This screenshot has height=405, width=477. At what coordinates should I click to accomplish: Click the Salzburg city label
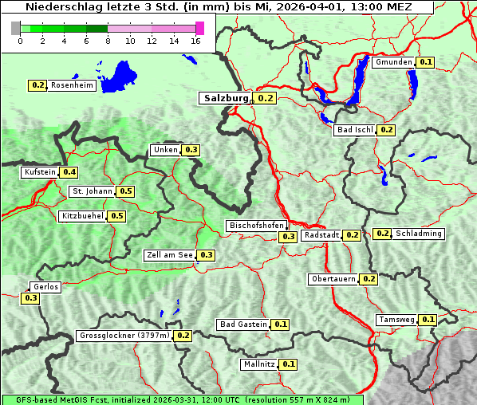coord(225,98)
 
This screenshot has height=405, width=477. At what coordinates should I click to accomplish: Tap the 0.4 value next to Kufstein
coord(69,172)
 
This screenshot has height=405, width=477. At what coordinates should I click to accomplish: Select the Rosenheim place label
coord(71,85)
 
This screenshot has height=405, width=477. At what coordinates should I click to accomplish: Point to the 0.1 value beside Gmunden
coord(426,62)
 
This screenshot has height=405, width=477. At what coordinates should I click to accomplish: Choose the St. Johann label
coord(92,191)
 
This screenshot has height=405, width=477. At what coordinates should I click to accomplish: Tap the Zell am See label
coord(169,255)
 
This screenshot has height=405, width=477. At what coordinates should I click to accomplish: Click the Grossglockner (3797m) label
coord(124,336)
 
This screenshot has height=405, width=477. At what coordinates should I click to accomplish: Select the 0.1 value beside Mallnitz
coord(289,364)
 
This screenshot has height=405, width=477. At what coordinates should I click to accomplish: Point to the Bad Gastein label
coord(243,324)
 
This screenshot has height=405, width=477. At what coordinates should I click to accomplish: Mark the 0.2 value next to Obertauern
coord(369,279)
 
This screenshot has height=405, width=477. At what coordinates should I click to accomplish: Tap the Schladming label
coord(419,234)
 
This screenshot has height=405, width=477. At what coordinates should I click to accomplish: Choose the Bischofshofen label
coord(255,226)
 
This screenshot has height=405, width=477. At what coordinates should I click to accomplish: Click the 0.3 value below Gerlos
coord(30,298)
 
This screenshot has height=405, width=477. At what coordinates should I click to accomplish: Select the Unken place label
coord(165,150)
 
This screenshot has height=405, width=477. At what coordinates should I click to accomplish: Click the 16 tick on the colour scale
coord(196,41)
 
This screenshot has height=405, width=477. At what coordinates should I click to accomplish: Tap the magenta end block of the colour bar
coord(199,28)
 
